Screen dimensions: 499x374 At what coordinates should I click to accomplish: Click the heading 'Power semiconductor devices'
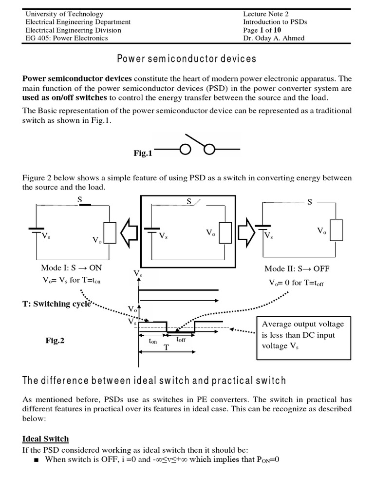[x=187, y=59]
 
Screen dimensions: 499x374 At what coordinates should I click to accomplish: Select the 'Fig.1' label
[x=143, y=154]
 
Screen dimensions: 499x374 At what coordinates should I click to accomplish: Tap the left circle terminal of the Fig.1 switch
[x=185, y=150]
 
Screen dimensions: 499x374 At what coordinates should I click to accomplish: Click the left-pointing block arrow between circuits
[x=130, y=230]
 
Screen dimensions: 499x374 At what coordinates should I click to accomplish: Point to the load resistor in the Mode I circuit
[x=110, y=232]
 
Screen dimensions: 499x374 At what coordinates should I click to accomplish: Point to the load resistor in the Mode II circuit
[x=337, y=230]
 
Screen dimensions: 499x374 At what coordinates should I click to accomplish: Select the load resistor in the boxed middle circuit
[x=225, y=232]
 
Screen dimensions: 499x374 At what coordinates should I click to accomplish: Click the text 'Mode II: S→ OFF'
[x=297, y=269]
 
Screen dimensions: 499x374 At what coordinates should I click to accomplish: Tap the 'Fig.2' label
[x=55, y=341]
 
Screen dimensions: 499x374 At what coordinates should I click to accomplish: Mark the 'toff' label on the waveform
[x=181, y=339]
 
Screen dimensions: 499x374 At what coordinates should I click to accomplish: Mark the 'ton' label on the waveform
[x=153, y=342]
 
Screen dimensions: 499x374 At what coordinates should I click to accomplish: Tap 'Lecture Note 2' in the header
[x=266, y=14]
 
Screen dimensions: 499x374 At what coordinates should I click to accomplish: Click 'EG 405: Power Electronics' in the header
[x=67, y=38]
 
